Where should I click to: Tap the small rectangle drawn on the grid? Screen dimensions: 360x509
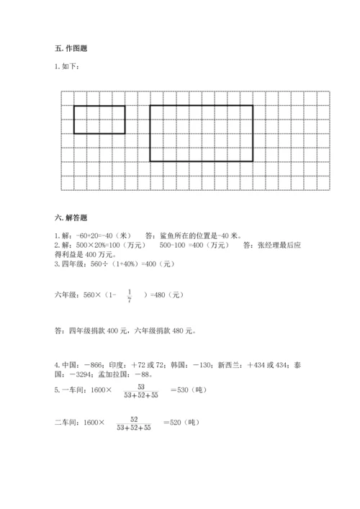(x=99, y=120)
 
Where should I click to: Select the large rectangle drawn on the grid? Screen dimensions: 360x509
(x=201, y=133)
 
